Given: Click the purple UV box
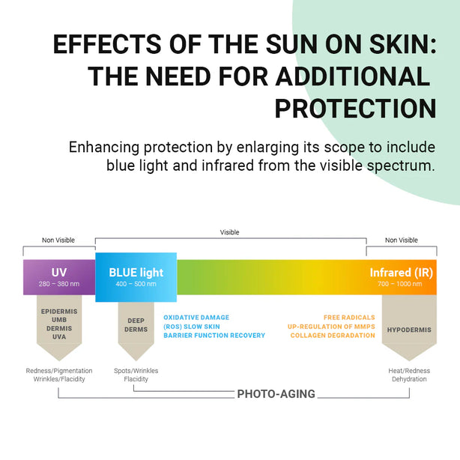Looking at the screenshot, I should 59,276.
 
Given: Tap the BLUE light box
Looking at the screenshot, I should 136,276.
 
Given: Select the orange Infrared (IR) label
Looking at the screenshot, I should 401,273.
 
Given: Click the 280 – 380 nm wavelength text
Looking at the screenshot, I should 59,285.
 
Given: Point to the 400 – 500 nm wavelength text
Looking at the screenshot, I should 136,285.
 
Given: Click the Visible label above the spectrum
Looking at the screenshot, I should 229,232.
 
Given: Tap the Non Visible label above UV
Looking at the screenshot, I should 58,240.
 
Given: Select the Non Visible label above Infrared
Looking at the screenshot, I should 401,240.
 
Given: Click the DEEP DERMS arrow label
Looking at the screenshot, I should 136,325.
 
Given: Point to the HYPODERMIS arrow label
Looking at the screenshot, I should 408,330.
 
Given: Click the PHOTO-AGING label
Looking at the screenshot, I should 276,393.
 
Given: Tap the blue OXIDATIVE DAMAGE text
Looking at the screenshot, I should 196,318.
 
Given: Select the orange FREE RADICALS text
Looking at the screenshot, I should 349,318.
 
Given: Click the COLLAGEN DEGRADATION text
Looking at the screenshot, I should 333,336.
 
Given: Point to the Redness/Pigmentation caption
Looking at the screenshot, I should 59,371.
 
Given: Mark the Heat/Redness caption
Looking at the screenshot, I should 408,371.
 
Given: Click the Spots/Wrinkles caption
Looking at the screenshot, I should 136,371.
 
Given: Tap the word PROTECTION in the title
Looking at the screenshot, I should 355,108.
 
